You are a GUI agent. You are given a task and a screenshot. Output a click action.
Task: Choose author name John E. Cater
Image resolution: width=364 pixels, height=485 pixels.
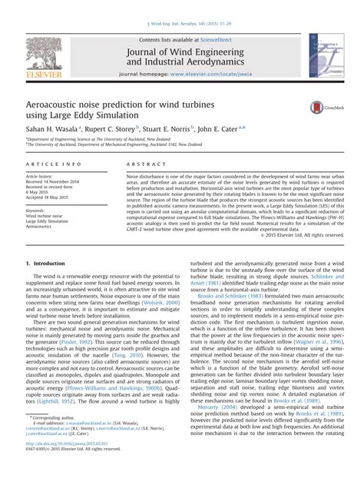point(225,133)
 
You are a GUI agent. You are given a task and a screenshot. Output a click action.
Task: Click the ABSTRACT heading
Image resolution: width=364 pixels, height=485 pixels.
point(136,166)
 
